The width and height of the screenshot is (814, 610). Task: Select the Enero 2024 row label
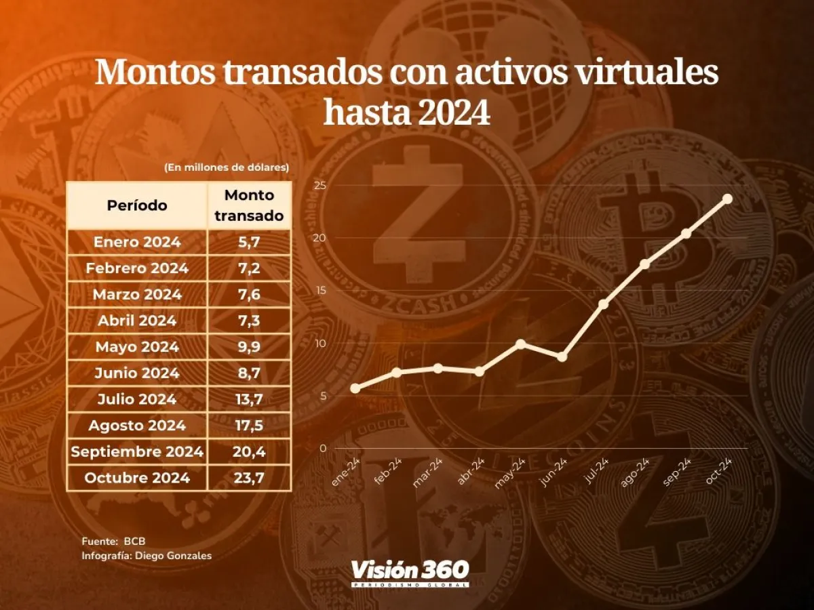point(137,242)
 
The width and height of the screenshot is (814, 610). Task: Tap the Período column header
point(137,205)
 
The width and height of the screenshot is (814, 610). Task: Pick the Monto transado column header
point(249,205)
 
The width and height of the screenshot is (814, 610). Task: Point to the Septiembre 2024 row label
point(137,451)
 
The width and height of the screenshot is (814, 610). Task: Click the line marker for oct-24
point(727,199)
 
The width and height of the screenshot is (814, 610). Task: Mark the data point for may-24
point(520,344)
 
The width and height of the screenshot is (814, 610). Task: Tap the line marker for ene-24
point(355,388)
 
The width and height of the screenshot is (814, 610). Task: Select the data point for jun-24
point(562,357)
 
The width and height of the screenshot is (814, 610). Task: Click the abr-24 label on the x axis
point(471,472)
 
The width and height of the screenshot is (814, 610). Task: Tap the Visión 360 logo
point(409,573)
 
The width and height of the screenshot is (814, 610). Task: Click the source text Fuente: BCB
point(113,541)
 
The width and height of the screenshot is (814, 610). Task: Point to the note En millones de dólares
point(227,167)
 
